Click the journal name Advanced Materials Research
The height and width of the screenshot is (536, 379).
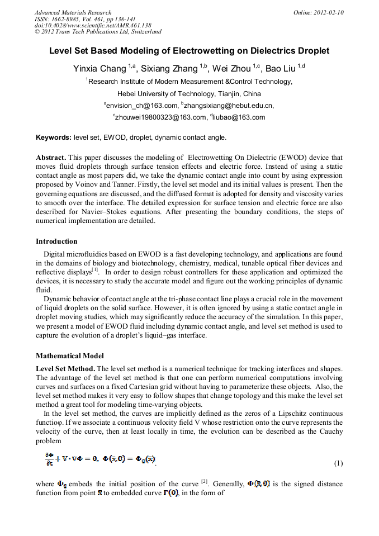(73, 12)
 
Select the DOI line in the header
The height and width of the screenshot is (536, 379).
(93, 25)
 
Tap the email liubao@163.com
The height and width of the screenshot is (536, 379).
(231, 117)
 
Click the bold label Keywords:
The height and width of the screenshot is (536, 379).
(54, 137)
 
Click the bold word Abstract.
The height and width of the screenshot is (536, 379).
(51, 158)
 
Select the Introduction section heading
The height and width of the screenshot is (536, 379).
(56, 241)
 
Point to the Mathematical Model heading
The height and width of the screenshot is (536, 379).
(70, 355)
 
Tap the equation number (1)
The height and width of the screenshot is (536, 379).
(338, 463)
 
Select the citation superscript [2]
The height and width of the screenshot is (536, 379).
(205, 481)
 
